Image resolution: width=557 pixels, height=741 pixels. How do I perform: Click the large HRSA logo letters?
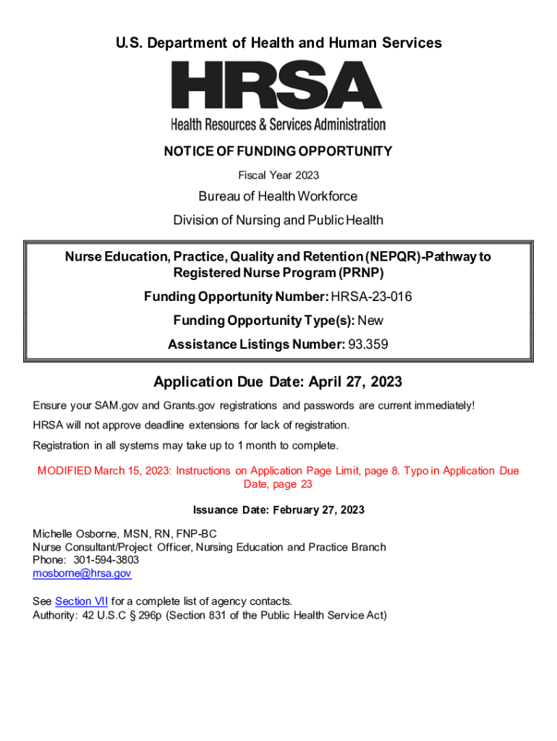tap(277, 85)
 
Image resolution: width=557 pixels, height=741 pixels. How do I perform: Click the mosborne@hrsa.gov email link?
tap(82, 573)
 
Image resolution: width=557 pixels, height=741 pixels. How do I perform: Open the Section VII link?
tap(81, 601)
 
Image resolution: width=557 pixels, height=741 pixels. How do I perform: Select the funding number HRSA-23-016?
tap(372, 296)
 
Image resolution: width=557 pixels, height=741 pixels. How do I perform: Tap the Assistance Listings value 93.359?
tap(368, 345)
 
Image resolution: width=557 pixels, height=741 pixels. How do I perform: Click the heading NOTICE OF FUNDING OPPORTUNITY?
tap(278, 151)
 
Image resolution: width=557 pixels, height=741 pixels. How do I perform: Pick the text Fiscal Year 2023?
tap(278, 175)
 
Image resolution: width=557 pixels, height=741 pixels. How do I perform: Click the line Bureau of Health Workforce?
tap(278, 196)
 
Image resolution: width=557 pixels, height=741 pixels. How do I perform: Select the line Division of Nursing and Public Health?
tap(278, 220)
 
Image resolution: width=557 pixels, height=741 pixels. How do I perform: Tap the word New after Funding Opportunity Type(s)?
tap(370, 321)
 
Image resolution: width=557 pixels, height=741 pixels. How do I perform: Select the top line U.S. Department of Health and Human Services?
tap(278, 43)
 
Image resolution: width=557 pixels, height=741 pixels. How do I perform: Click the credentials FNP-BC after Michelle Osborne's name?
tap(196, 534)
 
